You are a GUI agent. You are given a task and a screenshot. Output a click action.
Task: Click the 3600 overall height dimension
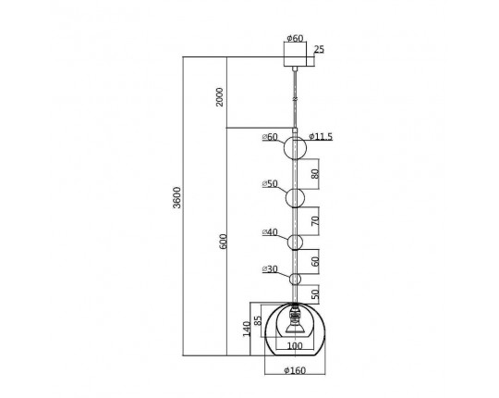coord(176,197)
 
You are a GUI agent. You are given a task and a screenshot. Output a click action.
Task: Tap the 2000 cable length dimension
coord(220,97)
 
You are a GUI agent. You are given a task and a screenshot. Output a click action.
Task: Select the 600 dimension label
coord(224,242)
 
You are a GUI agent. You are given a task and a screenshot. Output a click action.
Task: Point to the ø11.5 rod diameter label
coord(321,137)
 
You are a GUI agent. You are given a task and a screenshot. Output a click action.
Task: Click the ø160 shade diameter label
coord(295,370)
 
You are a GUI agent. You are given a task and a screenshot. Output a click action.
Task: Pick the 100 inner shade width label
coord(295,346)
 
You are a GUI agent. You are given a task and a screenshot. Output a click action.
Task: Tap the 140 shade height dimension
coord(247,329)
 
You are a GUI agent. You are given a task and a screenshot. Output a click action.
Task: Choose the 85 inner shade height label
coord(258,320)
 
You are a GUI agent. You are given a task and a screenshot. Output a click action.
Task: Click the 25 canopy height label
coord(319,49)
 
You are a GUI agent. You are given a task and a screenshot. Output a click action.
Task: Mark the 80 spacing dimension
coord(315,174)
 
